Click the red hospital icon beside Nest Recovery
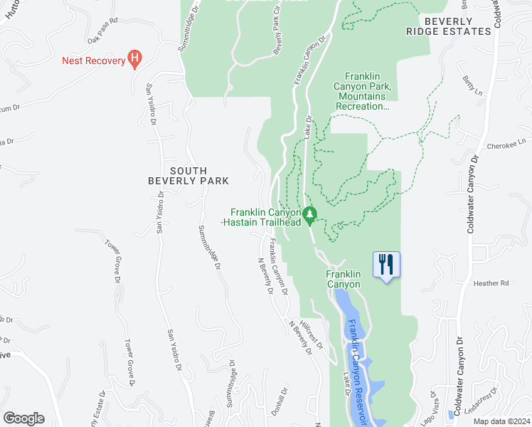tap(133, 60)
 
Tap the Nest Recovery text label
tap(93, 60)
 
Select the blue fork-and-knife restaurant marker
tap(386, 265)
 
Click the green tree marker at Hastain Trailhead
tap(309, 213)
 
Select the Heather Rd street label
tap(491, 283)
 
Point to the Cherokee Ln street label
tap(505, 146)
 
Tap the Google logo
tap(23, 418)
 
